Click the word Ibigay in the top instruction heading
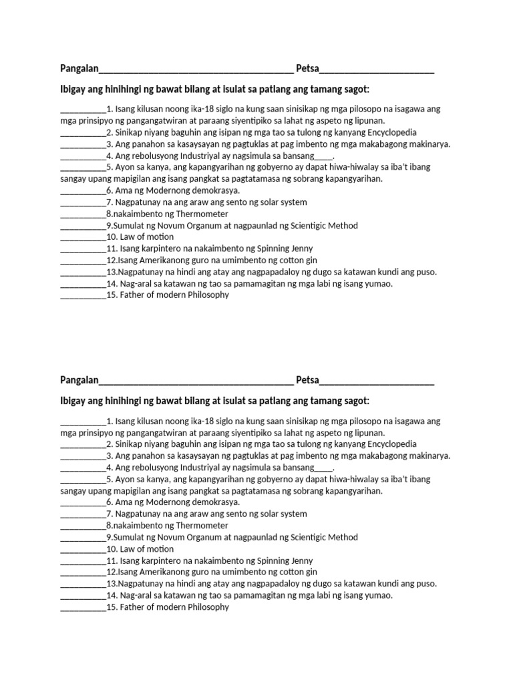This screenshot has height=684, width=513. [x=73, y=89]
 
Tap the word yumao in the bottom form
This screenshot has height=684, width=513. [x=378, y=595]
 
